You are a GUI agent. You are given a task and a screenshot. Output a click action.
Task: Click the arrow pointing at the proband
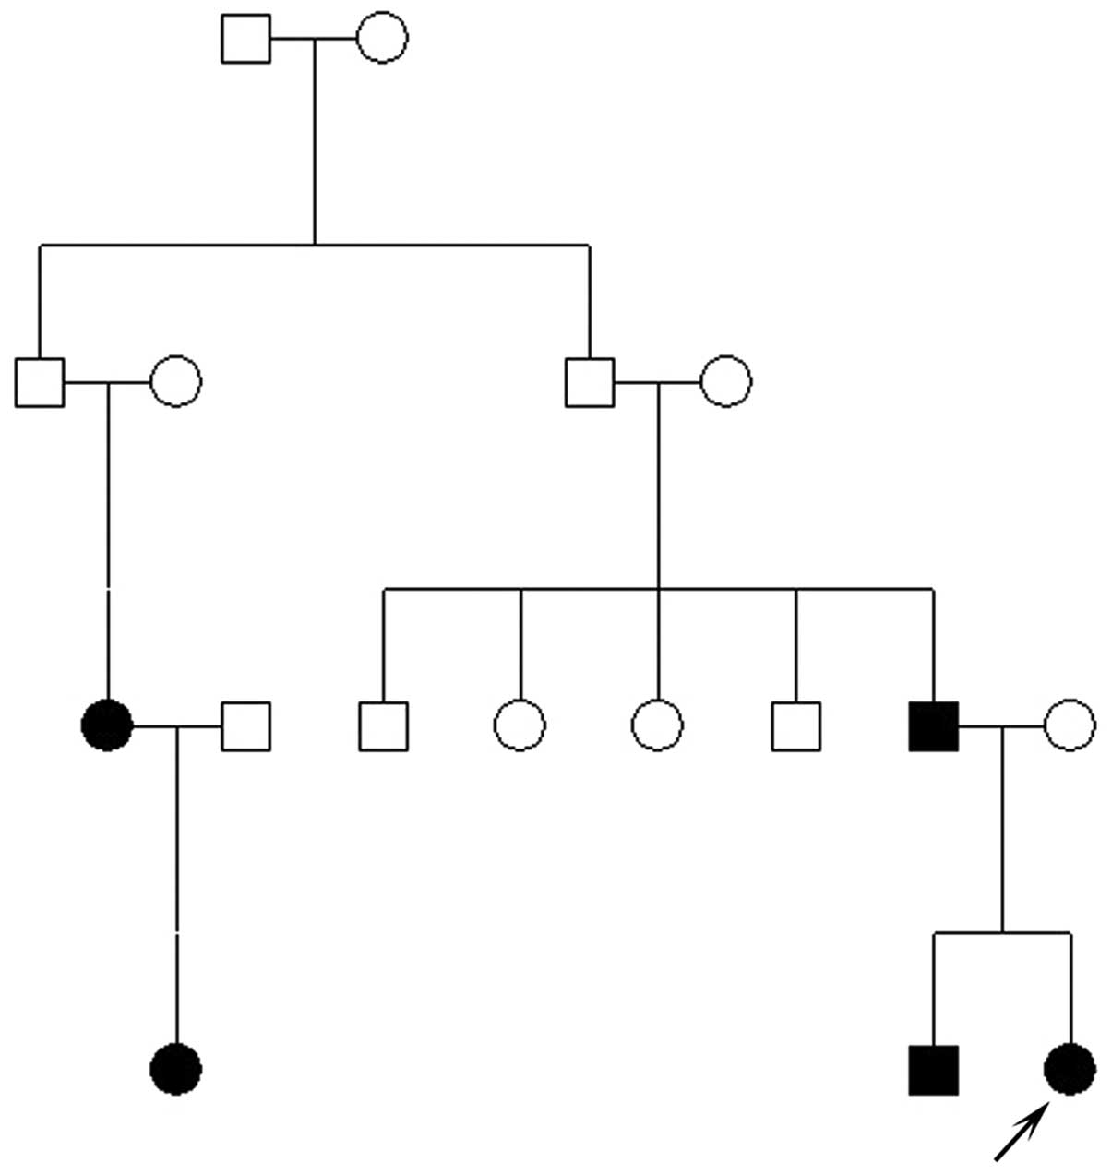click(1021, 1134)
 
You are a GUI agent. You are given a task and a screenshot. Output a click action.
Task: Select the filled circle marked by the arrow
click(1070, 1070)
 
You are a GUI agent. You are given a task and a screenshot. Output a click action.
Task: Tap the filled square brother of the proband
click(933, 1070)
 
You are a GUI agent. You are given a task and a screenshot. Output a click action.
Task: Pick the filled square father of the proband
click(933, 725)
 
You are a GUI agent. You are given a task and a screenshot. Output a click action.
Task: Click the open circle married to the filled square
click(1070, 725)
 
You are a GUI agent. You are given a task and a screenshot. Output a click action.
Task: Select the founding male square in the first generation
click(246, 39)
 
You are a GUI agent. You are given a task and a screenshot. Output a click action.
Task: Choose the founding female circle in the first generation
click(382, 39)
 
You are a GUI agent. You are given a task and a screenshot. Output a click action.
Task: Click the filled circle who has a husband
click(108, 725)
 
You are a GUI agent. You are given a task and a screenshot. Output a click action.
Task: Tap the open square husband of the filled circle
click(245, 725)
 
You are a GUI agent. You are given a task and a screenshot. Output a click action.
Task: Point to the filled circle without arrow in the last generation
click(176, 1070)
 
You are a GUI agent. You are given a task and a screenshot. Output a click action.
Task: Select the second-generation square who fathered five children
click(590, 381)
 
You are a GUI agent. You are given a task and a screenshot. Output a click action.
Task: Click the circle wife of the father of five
click(726, 381)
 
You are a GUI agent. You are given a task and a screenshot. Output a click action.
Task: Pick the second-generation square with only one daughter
click(40, 381)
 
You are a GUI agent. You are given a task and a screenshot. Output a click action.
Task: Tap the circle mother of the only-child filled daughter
click(176, 381)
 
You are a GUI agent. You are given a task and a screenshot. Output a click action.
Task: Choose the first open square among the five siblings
click(383, 725)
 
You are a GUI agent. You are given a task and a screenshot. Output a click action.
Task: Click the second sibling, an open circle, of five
click(520, 725)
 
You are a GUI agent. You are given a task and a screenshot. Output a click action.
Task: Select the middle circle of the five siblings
click(657, 725)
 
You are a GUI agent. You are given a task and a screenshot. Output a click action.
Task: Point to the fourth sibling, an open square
click(795, 725)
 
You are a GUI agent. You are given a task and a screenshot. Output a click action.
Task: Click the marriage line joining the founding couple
click(314, 39)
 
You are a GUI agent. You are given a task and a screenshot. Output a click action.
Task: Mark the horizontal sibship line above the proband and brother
click(1002, 933)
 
